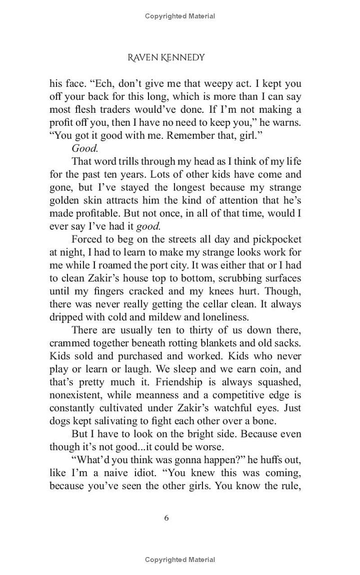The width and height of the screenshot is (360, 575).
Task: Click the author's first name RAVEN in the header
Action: coord(142,57)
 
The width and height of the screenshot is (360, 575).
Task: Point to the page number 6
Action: coord(166,518)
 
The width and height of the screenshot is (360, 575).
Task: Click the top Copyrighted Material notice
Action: coord(180,16)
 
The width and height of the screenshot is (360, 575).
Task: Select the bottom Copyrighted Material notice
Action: coord(180,560)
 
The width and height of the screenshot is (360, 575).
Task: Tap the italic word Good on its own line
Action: coord(85,149)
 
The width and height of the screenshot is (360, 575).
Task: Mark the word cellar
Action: coord(208,305)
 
